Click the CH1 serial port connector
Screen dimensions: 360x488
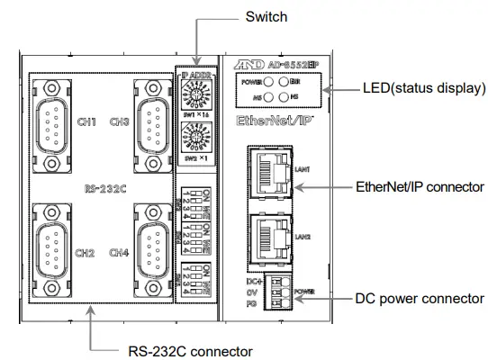point(53,118)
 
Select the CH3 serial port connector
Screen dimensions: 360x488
point(153,118)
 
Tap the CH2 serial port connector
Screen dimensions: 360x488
point(53,246)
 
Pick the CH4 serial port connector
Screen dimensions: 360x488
point(153,246)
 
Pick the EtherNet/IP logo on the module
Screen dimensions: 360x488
point(274,120)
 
